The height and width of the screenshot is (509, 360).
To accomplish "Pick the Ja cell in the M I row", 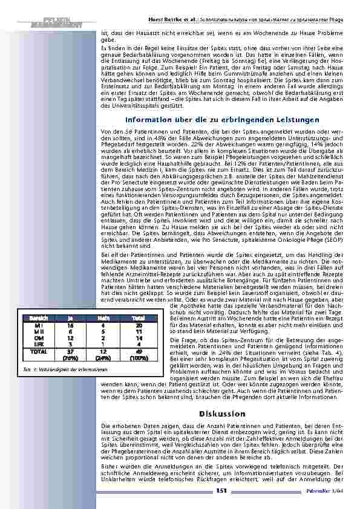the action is (x=70, y=325).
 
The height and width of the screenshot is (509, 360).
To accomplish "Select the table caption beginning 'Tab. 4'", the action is (x=52, y=369).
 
